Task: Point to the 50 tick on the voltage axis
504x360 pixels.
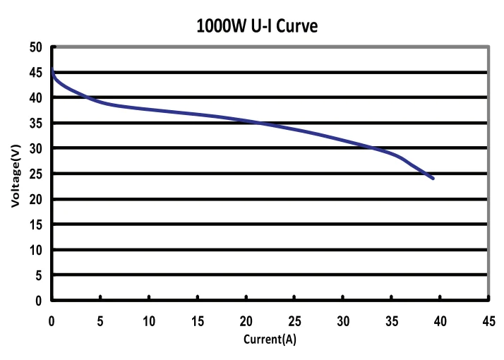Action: [x=36, y=47]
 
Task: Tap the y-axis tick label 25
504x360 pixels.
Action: [x=36, y=174]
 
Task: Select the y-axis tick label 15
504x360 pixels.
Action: [x=36, y=224]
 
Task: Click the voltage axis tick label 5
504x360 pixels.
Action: [x=39, y=275]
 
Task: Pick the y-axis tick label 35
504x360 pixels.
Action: [x=36, y=123]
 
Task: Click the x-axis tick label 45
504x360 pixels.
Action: [x=488, y=321]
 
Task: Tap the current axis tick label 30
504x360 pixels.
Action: [x=343, y=321]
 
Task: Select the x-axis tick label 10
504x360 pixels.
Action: [x=148, y=321]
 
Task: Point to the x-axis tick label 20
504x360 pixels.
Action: [x=246, y=321]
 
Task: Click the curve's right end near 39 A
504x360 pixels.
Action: [x=432, y=178]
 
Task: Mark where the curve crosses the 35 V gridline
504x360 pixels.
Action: [x=256, y=123]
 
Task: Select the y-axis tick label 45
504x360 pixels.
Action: [x=36, y=73]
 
